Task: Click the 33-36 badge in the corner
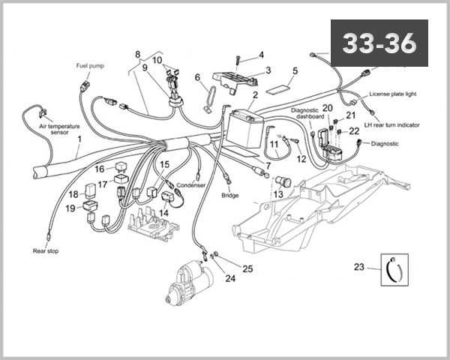pos(379,43)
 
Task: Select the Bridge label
pos(229,195)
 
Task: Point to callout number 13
pos(277,194)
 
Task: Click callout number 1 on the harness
pos(79,139)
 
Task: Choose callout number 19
pos(70,208)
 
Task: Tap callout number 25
pos(247,268)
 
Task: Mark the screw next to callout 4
pos(238,57)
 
